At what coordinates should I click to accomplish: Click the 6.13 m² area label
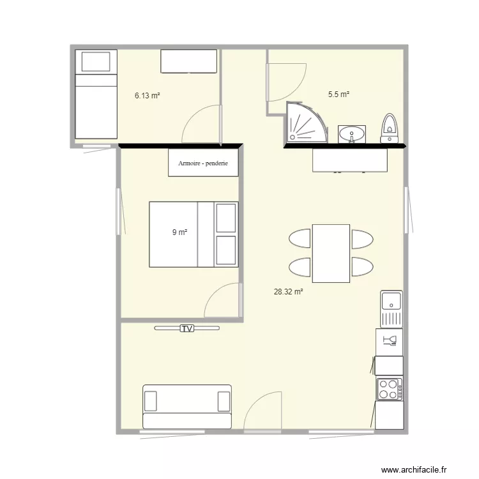[x=146, y=96]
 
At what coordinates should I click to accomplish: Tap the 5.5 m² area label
[x=338, y=95]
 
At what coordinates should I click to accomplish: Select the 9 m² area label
[x=179, y=232]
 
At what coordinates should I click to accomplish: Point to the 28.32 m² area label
[x=288, y=292]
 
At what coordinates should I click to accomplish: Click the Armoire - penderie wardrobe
[x=204, y=162]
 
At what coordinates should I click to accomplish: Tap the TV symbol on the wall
[x=186, y=328]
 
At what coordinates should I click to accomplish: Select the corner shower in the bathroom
[x=305, y=123]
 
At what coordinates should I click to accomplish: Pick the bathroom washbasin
[x=351, y=135]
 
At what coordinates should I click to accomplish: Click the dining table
[x=331, y=254]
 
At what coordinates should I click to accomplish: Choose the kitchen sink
[x=391, y=308]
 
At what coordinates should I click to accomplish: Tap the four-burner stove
[x=388, y=389]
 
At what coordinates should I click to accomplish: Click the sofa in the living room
[x=186, y=406]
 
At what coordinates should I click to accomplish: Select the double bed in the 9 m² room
[x=194, y=234]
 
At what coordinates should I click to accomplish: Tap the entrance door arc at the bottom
[x=262, y=412]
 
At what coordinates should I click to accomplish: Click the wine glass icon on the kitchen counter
[x=388, y=341]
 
